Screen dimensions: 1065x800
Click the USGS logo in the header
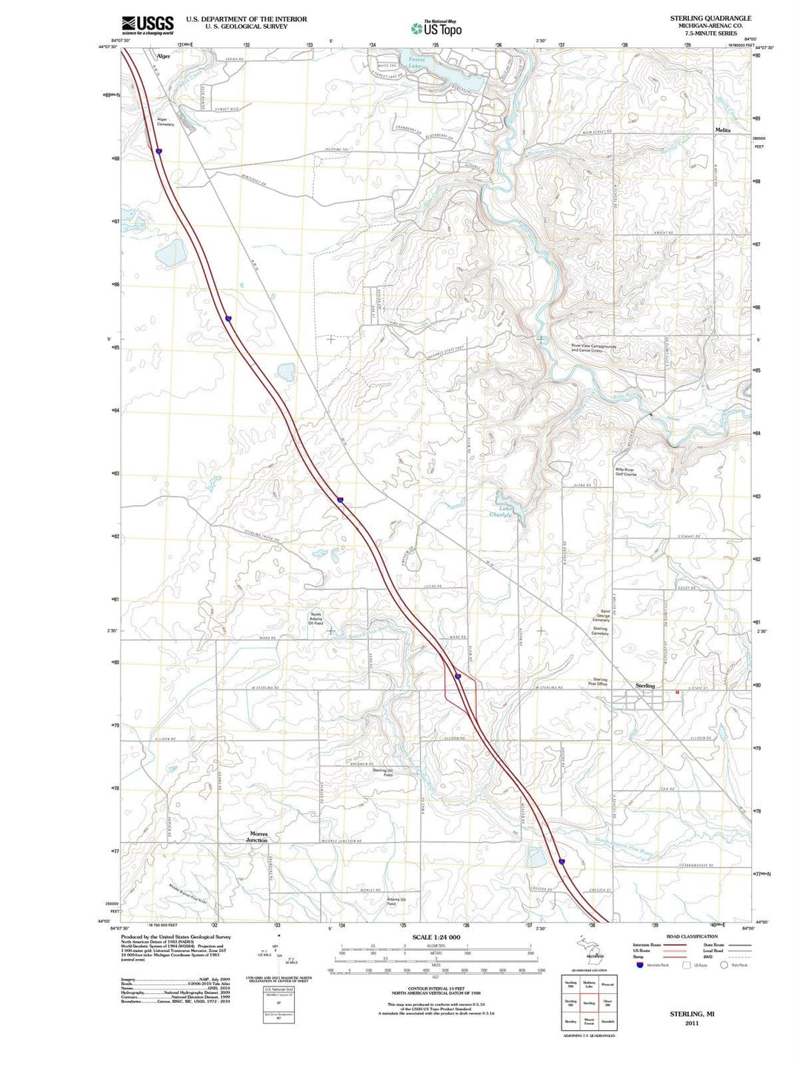pos(147,24)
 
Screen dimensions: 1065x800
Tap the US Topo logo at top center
pos(436,28)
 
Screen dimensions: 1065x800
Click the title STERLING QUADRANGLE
pos(710,18)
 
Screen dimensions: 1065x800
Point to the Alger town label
pos(163,56)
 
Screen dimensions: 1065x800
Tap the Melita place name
pos(722,130)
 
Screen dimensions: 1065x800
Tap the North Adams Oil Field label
pos(316,618)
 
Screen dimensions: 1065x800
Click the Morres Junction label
pos(258,837)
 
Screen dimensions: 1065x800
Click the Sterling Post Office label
pos(599,681)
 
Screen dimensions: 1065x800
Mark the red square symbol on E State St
pos(677,692)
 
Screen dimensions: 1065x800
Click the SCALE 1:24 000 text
pos(436,937)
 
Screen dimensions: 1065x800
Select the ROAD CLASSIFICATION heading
pos(692,936)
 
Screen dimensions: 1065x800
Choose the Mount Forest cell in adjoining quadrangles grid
pos(589,1022)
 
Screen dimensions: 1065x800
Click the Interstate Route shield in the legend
pos(639,965)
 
